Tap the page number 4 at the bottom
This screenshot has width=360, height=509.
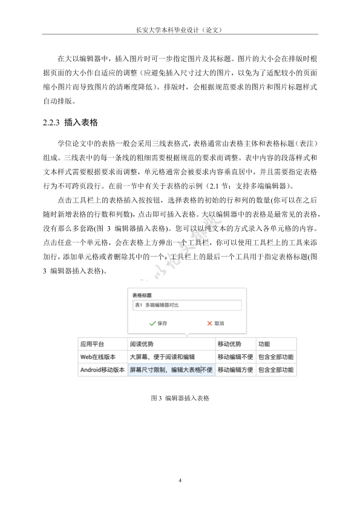click(x=180, y=480)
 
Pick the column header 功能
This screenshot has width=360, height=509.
click(x=264, y=344)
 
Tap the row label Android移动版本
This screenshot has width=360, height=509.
click(x=102, y=369)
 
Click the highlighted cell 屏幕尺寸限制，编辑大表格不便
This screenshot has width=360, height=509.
click(x=171, y=369)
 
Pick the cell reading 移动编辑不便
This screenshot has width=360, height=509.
click(x=235, y=357)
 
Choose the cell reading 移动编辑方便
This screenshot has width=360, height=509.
click(x=235, y=369)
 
